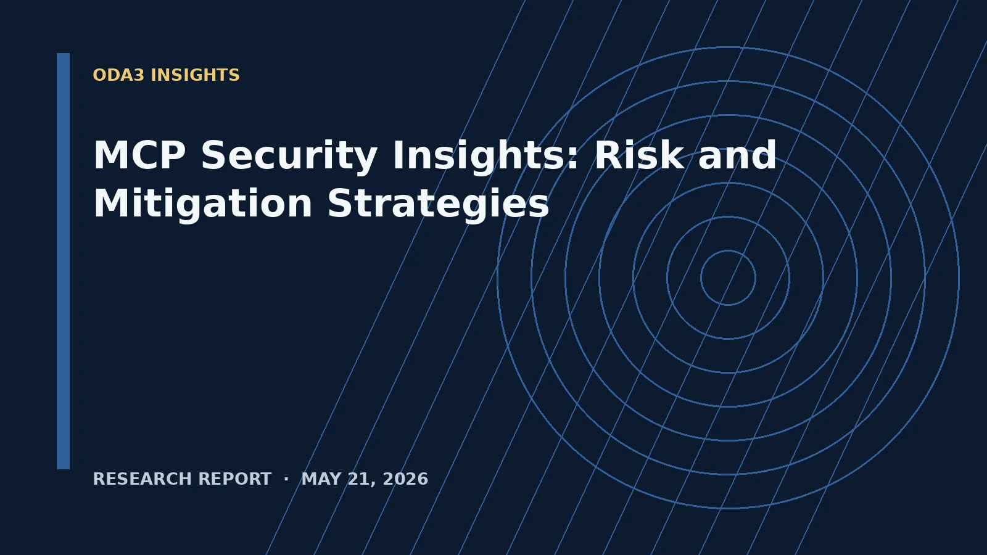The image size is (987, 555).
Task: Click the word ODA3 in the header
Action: [118, 75]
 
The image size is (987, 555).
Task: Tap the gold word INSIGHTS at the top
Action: [195, 75]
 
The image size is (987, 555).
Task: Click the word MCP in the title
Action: [139, 155]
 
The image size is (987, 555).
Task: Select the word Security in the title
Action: [289, 158]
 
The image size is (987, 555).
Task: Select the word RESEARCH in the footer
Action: [142, 479]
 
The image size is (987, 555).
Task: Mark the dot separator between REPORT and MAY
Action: [286, 479]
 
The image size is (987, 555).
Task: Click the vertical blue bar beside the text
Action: [63, 261]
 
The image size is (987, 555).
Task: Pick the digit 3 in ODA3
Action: [139, 75]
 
